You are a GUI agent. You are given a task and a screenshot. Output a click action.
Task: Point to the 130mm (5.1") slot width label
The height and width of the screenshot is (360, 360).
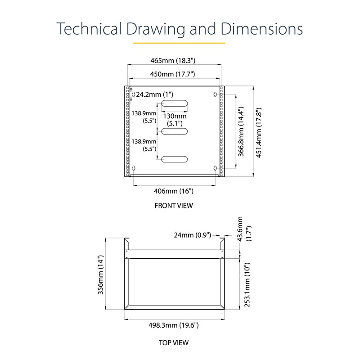(174, 119)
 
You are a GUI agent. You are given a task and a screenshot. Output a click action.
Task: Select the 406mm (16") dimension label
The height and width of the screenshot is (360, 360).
(173, 191)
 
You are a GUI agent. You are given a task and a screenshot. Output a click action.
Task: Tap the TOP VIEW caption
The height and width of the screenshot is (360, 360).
(173, 342)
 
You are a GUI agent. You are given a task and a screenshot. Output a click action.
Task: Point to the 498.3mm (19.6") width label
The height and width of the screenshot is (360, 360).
(173, 325)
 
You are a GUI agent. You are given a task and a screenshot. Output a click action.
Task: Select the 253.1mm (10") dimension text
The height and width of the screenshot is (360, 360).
(246, 285)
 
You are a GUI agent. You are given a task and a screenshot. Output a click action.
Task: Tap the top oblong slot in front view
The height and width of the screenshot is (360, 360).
(175, 103)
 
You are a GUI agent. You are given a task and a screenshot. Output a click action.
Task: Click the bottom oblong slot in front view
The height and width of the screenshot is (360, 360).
(175, 159)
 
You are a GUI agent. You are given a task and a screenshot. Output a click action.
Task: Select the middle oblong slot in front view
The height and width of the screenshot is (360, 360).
(175, 131)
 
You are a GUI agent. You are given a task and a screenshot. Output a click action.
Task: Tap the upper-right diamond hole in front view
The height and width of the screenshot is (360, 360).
(216, 94)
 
